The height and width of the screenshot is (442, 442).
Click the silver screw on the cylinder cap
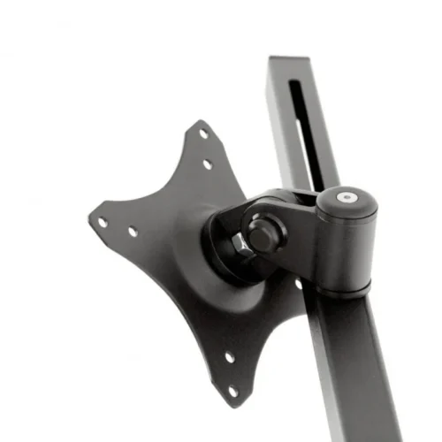coord(347,199)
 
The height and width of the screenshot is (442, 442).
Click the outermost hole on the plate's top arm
coord(202,134)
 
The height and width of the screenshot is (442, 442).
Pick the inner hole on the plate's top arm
coord(207,164)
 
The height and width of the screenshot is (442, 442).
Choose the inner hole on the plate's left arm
coord(133,232)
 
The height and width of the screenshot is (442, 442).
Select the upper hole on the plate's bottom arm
coord(229,358)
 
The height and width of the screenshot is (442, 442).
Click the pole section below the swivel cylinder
coord(354,371)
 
